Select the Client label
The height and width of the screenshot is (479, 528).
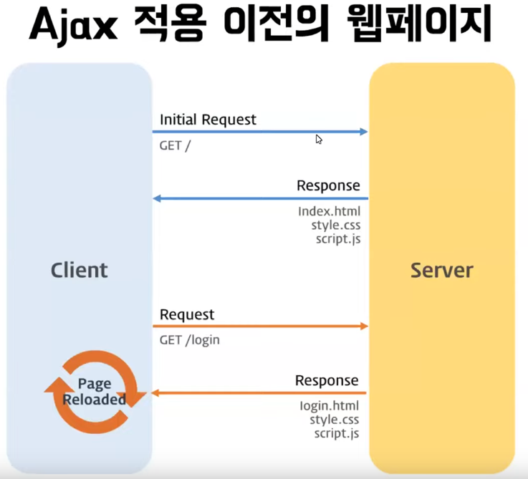[x=80, y=270]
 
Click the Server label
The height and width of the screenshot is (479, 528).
[x=441, y=270]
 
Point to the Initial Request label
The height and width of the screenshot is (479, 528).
[x=208, y=120]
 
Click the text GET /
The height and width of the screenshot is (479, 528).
[x=176, y=145]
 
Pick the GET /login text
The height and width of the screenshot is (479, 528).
[x=190, y=340]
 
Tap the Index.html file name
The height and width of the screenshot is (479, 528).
[x=329, y=212]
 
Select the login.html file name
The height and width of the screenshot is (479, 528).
[x=329, y=406]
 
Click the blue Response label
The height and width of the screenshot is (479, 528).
[x=328, y=186]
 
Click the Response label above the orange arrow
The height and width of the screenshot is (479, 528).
[x=327, y=380]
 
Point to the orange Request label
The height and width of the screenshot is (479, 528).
[x=187, y=314]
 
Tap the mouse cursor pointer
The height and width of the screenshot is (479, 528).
[x=319, y=139]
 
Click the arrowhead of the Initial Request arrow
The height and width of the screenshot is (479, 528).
[x=363, y=132]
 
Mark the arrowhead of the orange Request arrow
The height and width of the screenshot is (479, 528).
[x=363, y=326]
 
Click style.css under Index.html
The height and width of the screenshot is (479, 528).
[x=335, y=226]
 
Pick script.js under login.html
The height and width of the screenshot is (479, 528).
[x=337, y=433]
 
